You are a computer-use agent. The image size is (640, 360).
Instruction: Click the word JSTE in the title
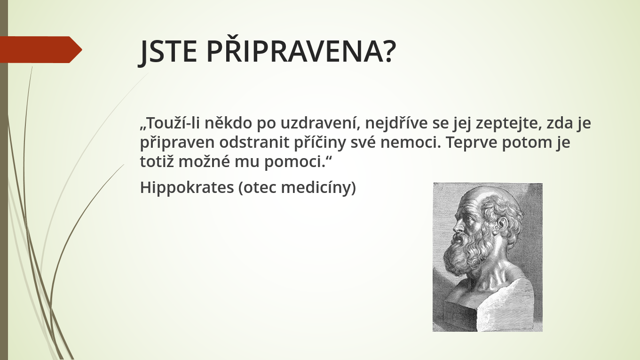point(168,52)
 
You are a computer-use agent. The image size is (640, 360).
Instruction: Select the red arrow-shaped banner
point(41,49)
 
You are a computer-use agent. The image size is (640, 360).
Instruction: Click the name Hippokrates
point(187,188)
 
